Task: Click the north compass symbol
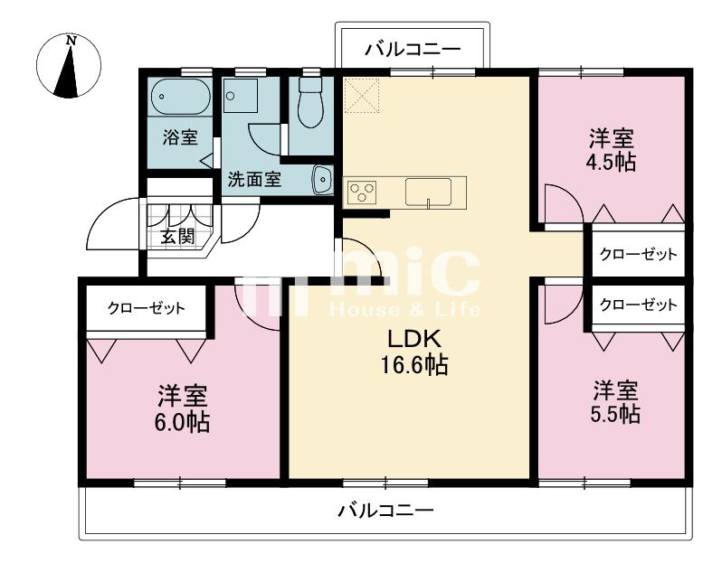69,66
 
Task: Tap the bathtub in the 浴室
181,97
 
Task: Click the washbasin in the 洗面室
323,180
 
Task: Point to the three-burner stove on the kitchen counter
363,192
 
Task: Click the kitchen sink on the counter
428,192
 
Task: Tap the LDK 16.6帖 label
414,352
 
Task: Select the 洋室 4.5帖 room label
612,150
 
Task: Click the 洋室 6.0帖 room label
183,408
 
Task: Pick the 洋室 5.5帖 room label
615,402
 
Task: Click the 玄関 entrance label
177,237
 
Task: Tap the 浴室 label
180,137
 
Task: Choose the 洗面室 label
254,179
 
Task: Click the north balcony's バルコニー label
413,49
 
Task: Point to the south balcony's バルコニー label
386,510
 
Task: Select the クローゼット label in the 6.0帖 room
147,308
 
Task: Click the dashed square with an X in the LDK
362,95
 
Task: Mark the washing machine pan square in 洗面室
240,96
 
